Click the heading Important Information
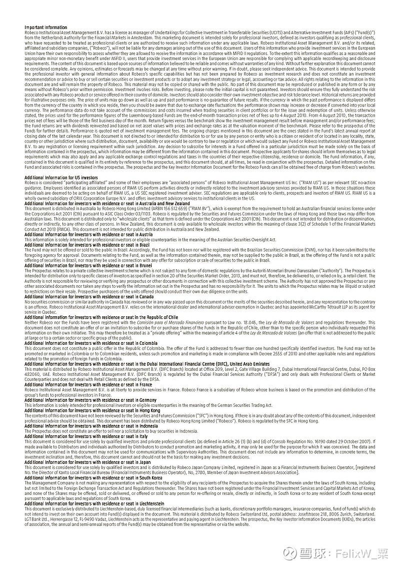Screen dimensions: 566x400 point(45,28)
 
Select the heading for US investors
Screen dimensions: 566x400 point(61,178)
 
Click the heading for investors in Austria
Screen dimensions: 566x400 point(88,234)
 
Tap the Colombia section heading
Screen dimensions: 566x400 point(91,343)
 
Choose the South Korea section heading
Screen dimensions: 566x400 point(93,477)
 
